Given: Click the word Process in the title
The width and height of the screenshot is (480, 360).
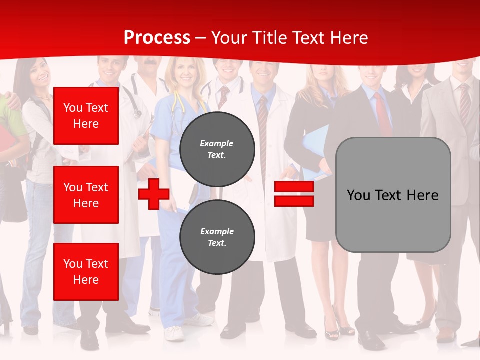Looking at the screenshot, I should [x=157, y=38].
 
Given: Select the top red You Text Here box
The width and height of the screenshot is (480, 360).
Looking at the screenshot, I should [x=86, y=116].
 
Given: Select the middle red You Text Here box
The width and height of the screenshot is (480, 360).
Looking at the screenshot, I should [x=86, y=195].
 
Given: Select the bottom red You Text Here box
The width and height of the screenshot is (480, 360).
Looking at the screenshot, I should [x=86, y=272].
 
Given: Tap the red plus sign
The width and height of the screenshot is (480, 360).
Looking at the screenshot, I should [x=154, y=194].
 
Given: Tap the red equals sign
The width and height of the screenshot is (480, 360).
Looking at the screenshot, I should [x=294, y=194].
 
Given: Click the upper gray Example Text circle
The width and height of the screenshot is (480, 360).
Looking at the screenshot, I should [x=217, y=149].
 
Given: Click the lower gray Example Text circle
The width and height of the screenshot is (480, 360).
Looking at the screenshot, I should [x=217, y=237].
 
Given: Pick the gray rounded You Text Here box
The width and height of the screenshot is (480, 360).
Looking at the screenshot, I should [x=393, y=195].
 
